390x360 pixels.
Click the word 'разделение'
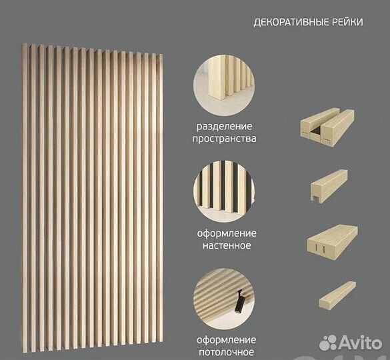(x=224, y=127)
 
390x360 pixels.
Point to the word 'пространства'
(x=224, y=139)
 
